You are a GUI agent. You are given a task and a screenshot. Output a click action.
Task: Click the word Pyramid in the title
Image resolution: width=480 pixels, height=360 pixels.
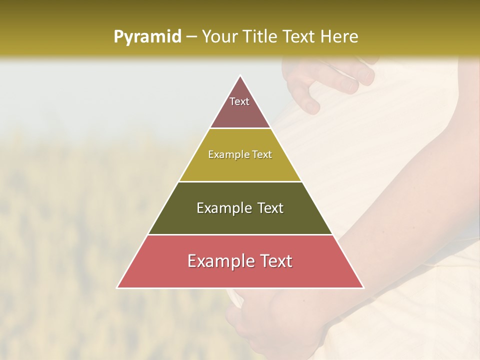coord(147,37)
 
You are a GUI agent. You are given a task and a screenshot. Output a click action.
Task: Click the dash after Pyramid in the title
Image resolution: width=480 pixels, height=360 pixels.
coord(191,37)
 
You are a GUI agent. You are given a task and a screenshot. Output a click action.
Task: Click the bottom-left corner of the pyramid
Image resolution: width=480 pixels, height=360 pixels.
coord(118,287)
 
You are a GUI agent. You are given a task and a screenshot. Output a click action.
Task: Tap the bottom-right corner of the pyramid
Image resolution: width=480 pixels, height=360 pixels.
coord(362,287)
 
